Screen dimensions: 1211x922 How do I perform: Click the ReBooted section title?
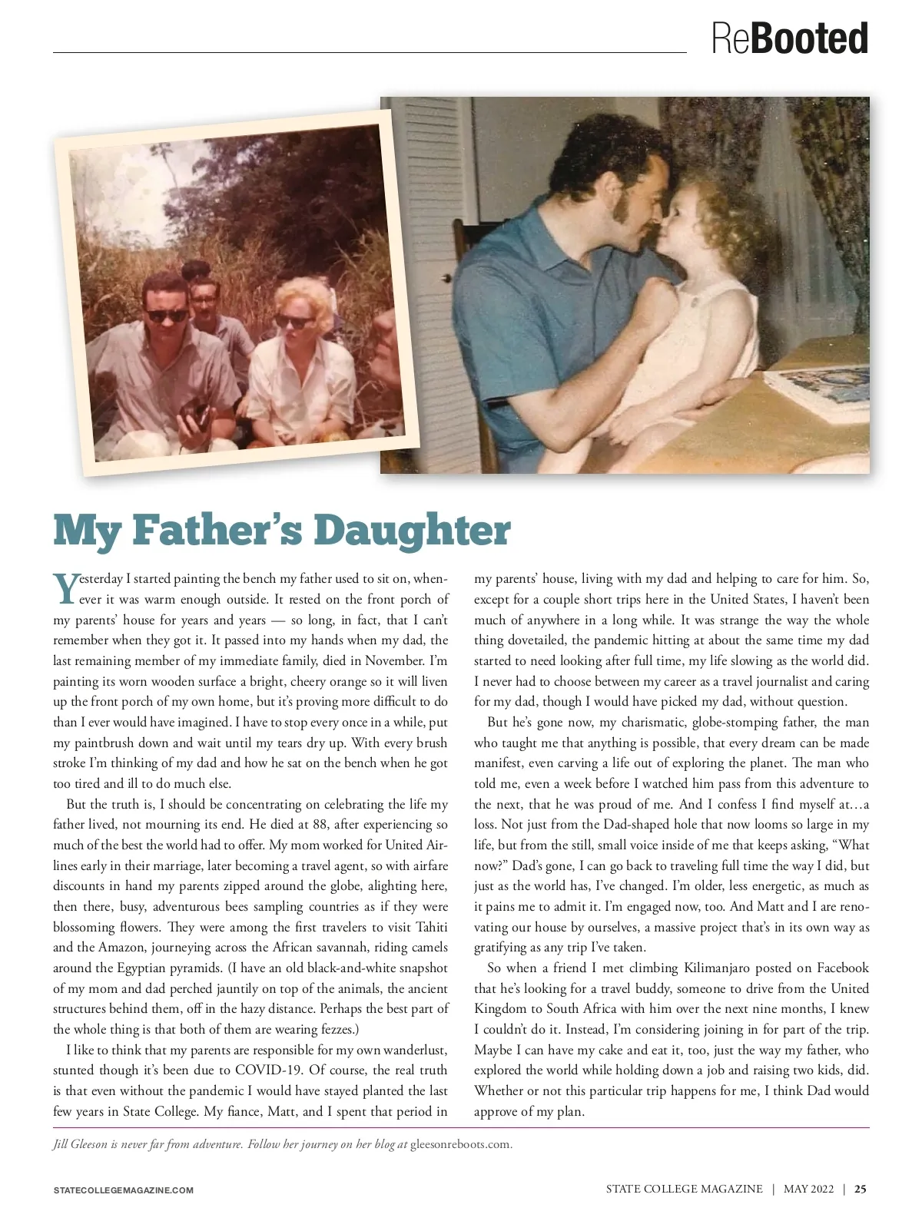[789, 38]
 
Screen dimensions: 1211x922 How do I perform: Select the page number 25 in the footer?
[861, 1189]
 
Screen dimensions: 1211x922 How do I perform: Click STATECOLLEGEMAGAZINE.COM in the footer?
[123, 1190]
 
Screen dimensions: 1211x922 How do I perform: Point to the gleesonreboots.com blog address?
[460, 1144]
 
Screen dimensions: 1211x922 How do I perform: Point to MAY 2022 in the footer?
[808, 1189]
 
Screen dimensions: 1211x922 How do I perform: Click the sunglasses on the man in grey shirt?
[167, 314]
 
